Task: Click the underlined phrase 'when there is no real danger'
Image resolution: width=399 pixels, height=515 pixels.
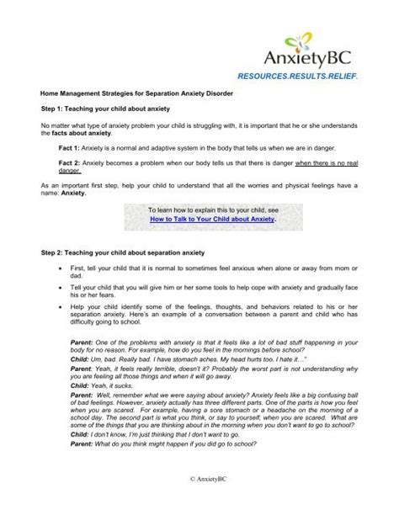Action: [326, 164]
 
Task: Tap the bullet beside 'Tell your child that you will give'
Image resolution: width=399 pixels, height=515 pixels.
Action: [51, 287]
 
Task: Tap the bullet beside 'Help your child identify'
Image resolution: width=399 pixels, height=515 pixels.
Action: [51, 307]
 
